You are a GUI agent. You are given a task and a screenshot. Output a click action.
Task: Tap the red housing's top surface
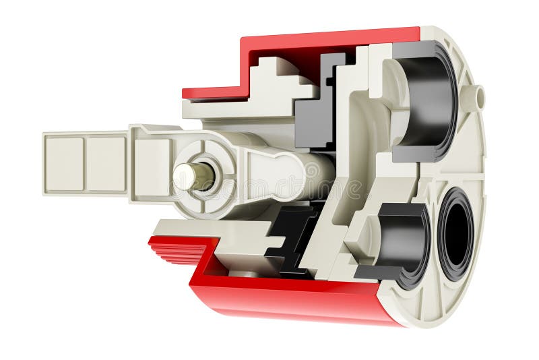pos(330,37)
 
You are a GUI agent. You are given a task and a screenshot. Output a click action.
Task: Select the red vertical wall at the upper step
pos(245,67)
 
